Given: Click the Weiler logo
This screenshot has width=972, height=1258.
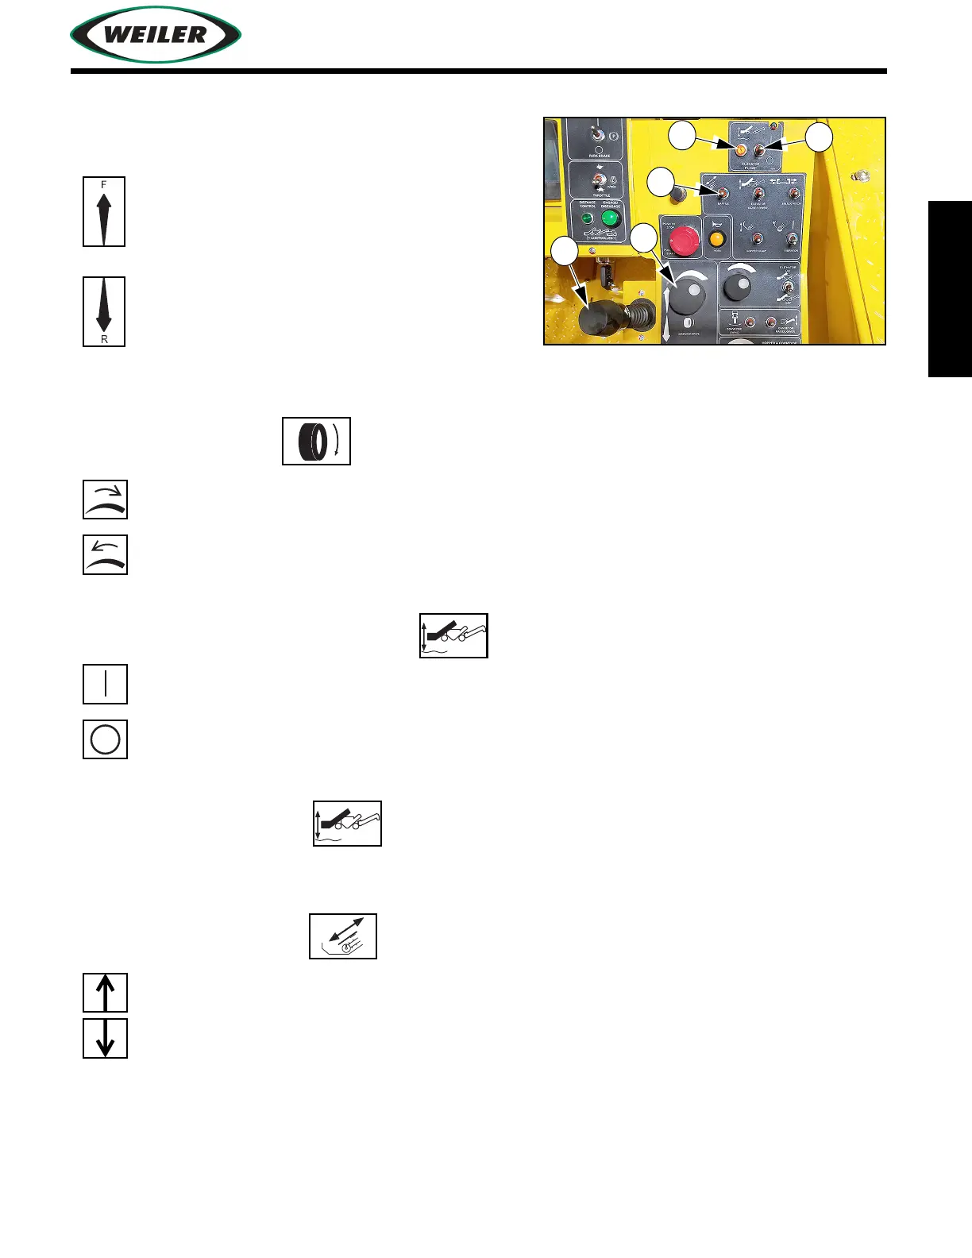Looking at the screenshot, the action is pyautogui.click(x=156, y=35).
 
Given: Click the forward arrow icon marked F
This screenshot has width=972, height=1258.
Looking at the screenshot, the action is pyautogui.click(x=104, y=211).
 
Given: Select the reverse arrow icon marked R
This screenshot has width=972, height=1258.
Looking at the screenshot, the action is pyautogui.click(x=104, y=311).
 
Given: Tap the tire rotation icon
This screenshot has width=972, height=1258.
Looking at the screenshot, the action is pyautogui.click(x=316, y=441).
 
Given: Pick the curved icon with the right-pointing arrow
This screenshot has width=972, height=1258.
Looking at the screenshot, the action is pyautogui.click(x=106, y=500).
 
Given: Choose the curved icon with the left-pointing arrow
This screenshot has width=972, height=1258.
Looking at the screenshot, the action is pyautogui.click(x=106, y=554).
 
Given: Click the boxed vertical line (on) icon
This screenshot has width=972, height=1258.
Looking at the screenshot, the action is pyautogui.click(x=106, y=684).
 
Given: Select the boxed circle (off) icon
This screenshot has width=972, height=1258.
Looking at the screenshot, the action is pyautogui.click(x=106, y=739).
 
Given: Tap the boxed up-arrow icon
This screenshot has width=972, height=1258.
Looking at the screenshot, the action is pyautogui.click(x=106, y=993).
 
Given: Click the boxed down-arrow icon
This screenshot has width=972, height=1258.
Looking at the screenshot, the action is pyautogui.click(x=106, y=1039).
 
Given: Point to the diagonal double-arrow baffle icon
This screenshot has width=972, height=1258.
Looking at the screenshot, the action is pyautogui.click(x=343, y=936).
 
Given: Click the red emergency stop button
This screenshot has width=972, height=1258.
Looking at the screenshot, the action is pyautogui.click(x=682, y=239).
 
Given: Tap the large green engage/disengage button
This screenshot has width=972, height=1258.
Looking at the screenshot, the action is pyautogui.click(x=610, y=218).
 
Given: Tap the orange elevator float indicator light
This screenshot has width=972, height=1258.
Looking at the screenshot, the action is pyautogui.click(x=740, y=150).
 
